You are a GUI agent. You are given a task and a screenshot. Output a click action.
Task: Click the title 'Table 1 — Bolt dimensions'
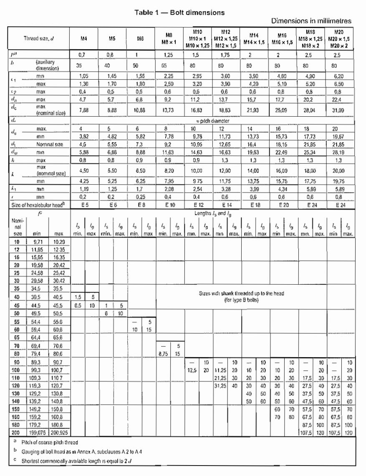tap(179, 13)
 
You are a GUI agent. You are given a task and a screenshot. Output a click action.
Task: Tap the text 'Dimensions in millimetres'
tap(311, 21)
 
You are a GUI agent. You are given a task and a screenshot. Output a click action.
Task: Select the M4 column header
tap(83, 40)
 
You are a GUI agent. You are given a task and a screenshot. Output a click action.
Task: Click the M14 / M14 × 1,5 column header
tap(254, 40)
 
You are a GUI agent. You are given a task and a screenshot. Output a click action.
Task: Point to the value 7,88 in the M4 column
tap(83, 110)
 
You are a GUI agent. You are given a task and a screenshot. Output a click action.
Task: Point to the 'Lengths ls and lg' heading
tap(212, 213)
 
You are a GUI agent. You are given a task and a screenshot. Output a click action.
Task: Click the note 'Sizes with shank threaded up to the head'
tap(241, 293)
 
